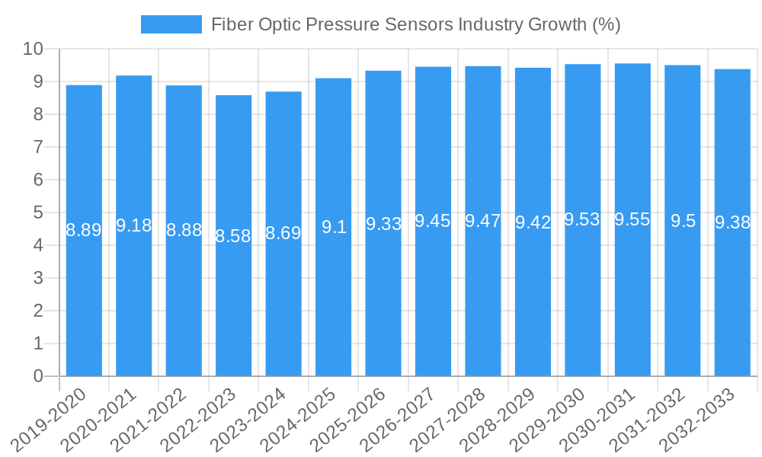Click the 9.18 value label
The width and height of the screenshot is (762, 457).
tap(133, 225)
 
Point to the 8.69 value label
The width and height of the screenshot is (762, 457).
tap(283, 233)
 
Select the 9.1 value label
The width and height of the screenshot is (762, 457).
tap(334, 227)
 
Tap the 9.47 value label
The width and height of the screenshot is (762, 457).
tap(483, 221)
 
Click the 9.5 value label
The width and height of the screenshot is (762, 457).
tap(683, 221)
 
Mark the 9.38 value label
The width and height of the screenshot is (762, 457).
tap(732, 222)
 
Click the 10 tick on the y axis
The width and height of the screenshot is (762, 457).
tap(33, 50)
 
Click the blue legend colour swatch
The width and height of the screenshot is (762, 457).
tap(171, 24)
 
